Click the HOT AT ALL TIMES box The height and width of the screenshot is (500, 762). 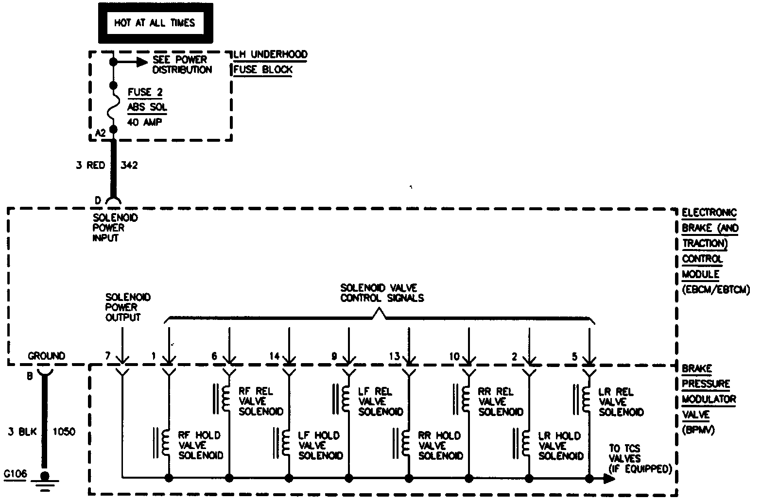pyautogui.click(x=155, y=23)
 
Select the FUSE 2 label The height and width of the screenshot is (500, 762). pyautogui.click(x=145, y=92)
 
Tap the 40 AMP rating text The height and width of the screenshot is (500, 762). pyautogui.click(x=145, y=122)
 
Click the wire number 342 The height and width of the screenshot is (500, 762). pyautogui.click(x=128, y=166)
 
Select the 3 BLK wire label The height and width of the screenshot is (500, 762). pyautogui.click(x=20, y=432)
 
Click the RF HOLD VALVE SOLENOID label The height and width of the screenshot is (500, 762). pyautogui.click(x=200, y=445)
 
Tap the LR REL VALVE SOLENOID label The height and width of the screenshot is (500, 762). pyautogui.click(x=621, y=401)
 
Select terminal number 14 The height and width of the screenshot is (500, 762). pyautogui.click(x=274, y=356)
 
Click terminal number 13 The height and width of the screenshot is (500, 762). pyautogui.click(x=394, y=356)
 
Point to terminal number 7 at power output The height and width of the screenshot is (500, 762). pyautogui.click(x=108, y=356)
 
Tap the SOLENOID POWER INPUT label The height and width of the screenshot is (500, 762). pyautogui.click(x=115, y=228)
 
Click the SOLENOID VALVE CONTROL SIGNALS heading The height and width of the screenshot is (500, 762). pyautogui.click(x=381, y=293)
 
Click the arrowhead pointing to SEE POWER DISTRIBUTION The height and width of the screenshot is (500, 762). pyautogui.click(x=141, y=62)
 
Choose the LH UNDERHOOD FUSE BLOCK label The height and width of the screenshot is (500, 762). pyautogui.click(x=270, y=62)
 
